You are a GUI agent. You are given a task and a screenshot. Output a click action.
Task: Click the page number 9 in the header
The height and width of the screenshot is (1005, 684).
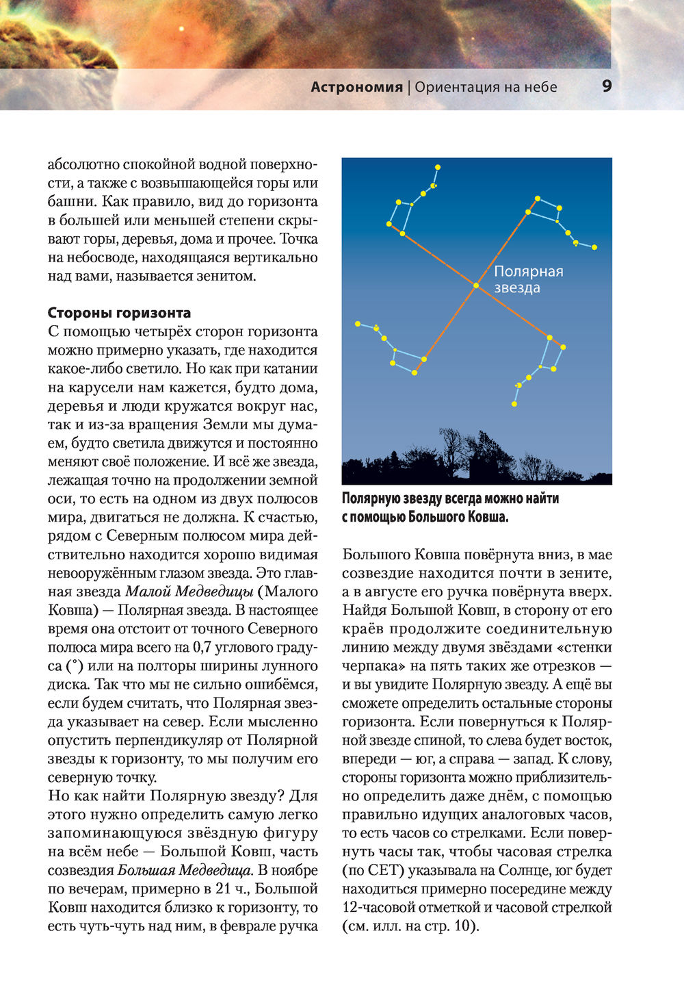coord(607,86)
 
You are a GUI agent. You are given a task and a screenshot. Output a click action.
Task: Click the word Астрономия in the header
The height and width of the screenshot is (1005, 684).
coord(356,87)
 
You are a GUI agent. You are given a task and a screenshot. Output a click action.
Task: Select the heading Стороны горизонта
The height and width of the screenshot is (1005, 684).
coord(119,313)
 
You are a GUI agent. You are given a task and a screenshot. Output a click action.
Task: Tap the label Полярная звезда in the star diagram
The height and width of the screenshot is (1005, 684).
coord(528,279)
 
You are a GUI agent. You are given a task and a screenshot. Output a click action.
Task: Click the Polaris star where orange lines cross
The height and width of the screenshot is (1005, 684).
coord(475,285)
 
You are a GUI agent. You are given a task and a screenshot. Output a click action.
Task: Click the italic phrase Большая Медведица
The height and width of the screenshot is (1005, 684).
coord(185,871)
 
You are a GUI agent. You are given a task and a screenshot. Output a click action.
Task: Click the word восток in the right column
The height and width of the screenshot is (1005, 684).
coord(589,741)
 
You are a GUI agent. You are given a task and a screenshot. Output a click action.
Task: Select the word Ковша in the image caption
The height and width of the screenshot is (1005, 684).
coord(484,517)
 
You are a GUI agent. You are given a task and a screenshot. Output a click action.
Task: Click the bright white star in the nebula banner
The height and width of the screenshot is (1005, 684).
coord(181,29)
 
